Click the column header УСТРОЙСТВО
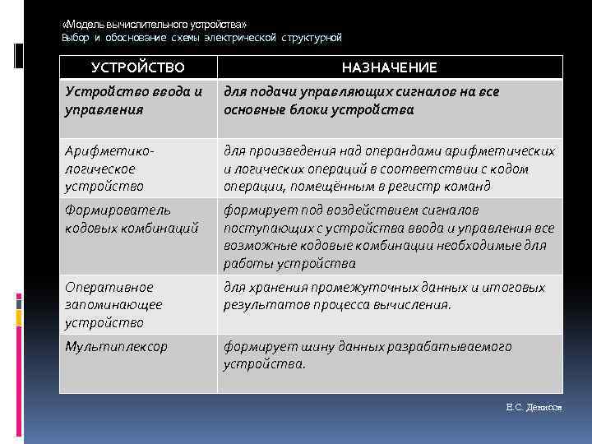click(x=138, y=67)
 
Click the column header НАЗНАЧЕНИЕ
click(x=389, y=67)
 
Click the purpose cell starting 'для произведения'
click(x=389, y=169)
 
